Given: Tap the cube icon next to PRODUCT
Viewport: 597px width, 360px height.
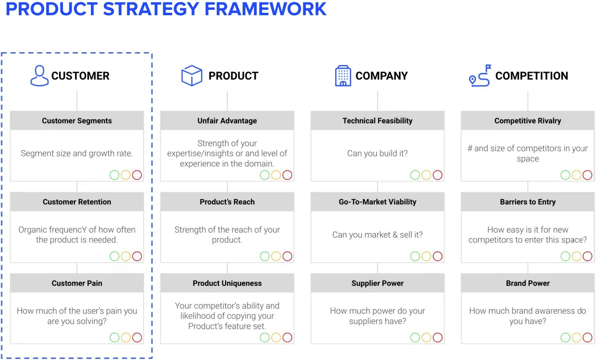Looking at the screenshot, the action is pos(192,75).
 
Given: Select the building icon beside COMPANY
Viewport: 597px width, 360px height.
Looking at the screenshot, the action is pos(343,76).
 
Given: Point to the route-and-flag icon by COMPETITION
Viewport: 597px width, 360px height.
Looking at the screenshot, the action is pos(480,76).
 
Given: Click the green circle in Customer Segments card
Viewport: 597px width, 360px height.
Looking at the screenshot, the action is pos(115,175).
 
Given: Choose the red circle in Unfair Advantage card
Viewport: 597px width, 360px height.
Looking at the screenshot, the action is pos(287,175).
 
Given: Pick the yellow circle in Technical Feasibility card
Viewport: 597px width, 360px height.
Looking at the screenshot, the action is pos(426,175).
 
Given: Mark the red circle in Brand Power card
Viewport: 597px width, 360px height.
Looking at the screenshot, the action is pos(587,337).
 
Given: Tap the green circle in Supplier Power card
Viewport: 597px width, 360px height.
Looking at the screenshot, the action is pos(415,337).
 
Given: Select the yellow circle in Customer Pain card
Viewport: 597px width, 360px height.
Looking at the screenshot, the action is pos(125,337).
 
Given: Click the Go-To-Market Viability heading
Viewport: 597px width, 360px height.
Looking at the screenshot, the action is pos(377,202).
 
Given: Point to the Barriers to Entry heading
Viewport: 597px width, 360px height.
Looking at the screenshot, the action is pos(528,202).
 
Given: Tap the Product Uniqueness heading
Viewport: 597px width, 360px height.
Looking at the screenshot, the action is pos(227,283).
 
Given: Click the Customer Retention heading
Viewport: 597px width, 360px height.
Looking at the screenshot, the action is pos(77,202).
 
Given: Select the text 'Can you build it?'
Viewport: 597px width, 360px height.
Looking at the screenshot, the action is pos(377,153).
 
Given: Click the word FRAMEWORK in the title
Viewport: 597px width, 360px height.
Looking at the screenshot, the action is pos(266,9).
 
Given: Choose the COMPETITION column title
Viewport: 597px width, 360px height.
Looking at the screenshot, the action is pos(532,76).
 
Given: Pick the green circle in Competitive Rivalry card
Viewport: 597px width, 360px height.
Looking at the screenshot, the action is pos(566,175).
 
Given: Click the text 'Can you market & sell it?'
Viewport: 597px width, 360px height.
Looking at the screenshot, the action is pos(377,235).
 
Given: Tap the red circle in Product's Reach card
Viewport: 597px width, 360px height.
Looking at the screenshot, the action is pos(287,256).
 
